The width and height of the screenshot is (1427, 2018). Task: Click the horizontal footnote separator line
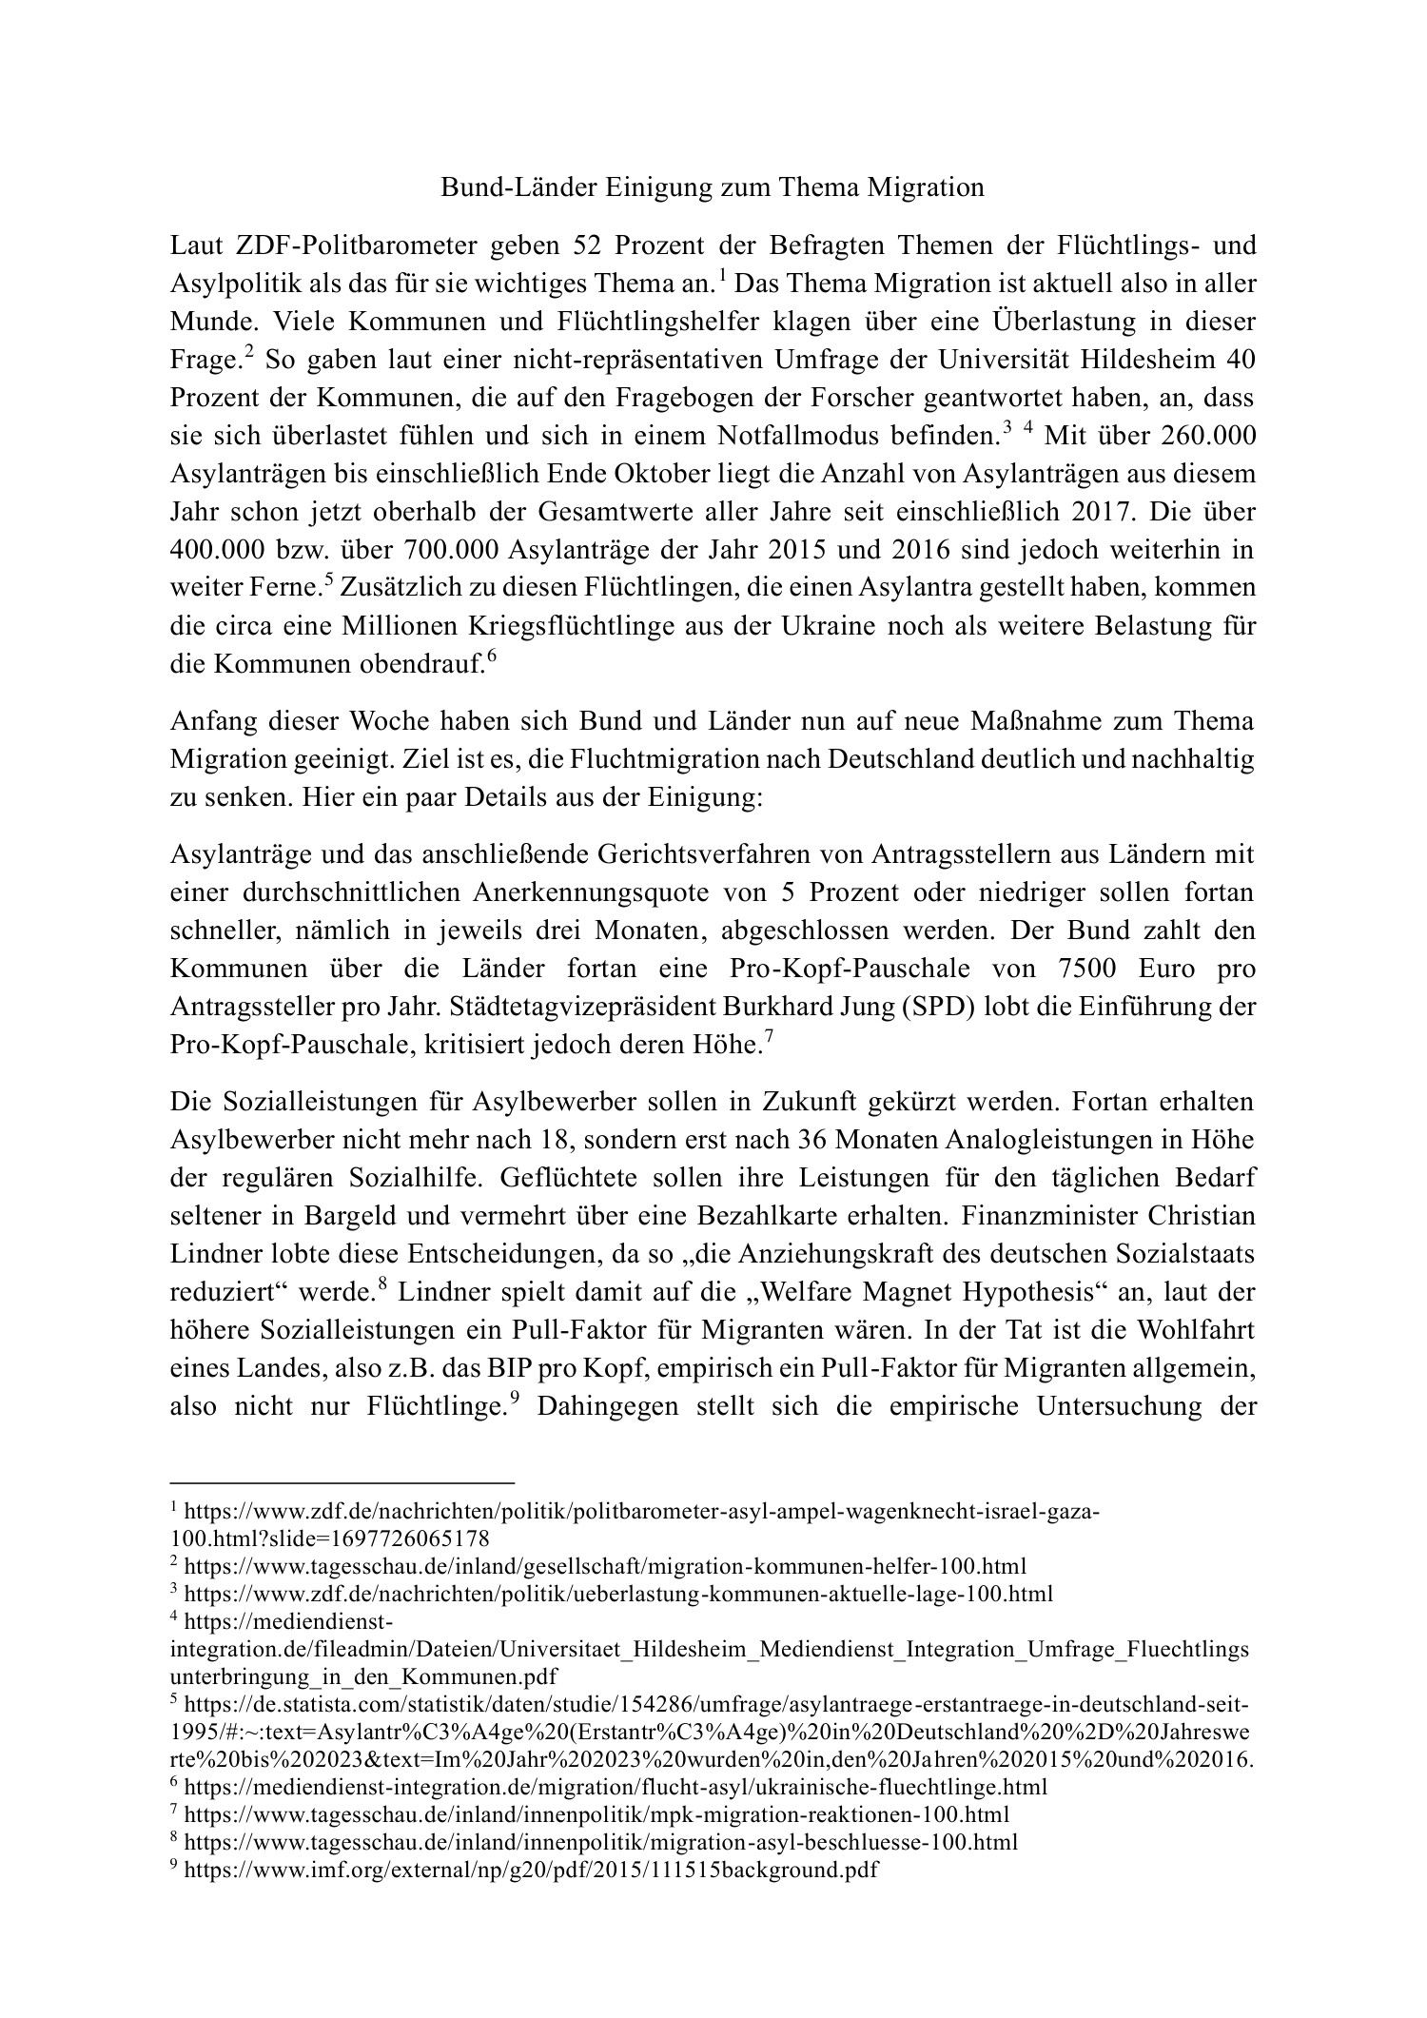(x=342, y=1481)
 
